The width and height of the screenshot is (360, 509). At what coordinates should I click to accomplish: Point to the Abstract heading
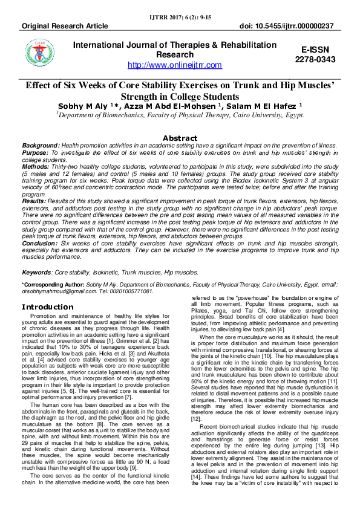pos(180,138)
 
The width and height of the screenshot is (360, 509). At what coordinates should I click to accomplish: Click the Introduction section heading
pos(47,306)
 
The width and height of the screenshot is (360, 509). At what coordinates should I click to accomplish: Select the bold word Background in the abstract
pos(41,146)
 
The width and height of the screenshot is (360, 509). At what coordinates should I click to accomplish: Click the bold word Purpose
pos(37,154)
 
